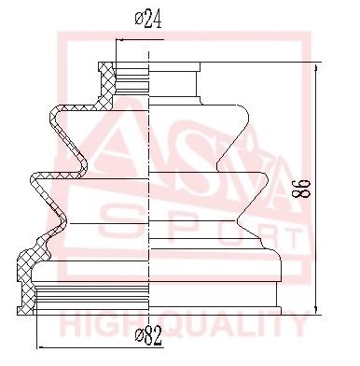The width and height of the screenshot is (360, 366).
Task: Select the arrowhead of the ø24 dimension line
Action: pos(117,42)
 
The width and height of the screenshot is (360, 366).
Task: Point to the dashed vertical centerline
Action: pos(149,187)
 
